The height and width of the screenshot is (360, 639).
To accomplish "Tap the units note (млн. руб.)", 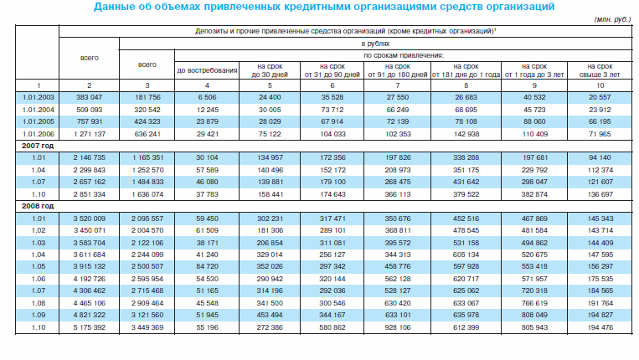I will pyautogui.click(x=612, y=18).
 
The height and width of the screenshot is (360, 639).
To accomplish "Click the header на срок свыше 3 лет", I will pyautogui.click(x=602, y=70).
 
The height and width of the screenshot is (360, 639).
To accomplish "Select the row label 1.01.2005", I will pyautogui.click(x=29, y=121).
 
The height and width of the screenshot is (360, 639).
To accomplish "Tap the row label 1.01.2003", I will pyautogui.click(x=29, y=97).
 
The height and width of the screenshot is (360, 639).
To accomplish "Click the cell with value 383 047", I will pyautogui.click(x=88, y=97).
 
